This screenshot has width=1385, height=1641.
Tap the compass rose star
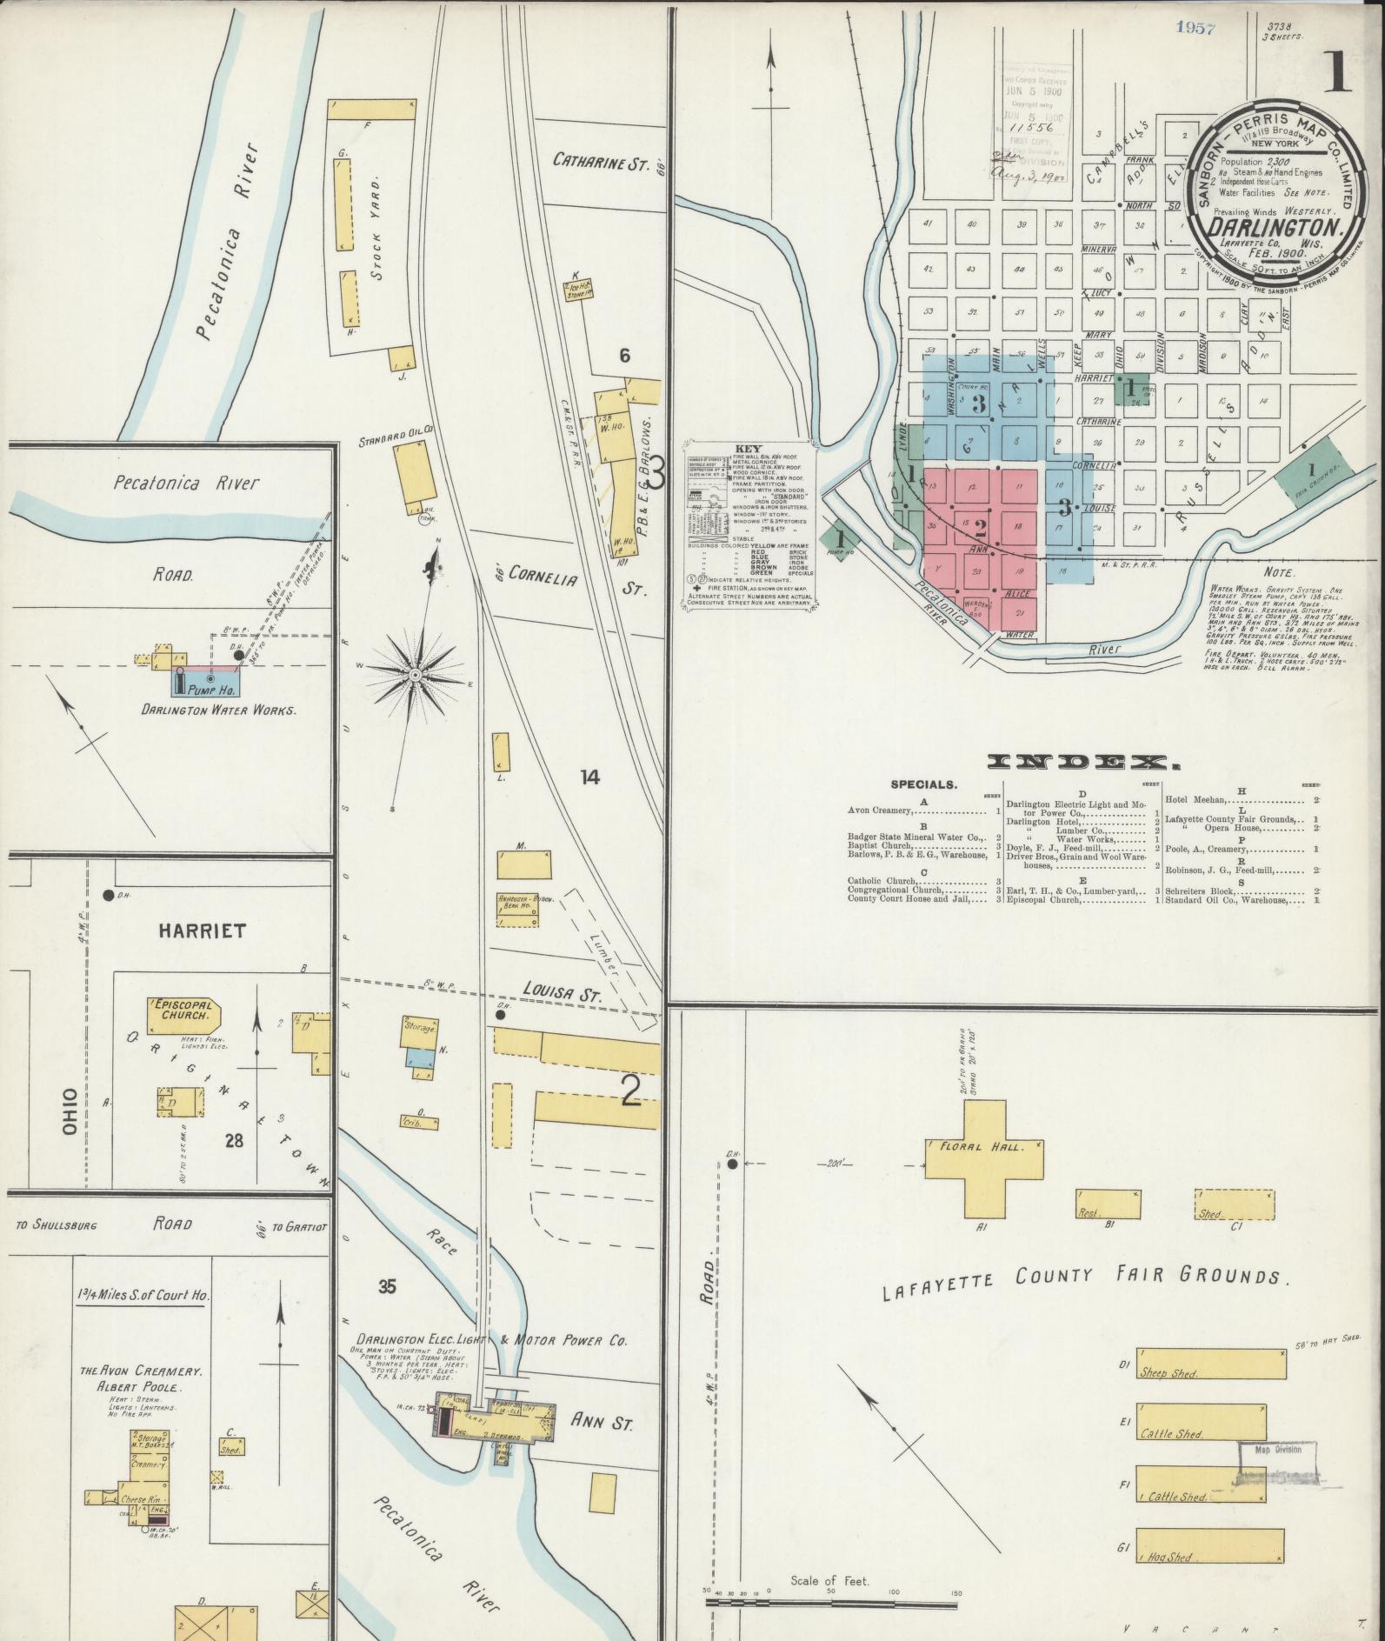pyautogui.click(x=416, y=675)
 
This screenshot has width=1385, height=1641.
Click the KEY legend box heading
pyautogui.click(x=748, y=449)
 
